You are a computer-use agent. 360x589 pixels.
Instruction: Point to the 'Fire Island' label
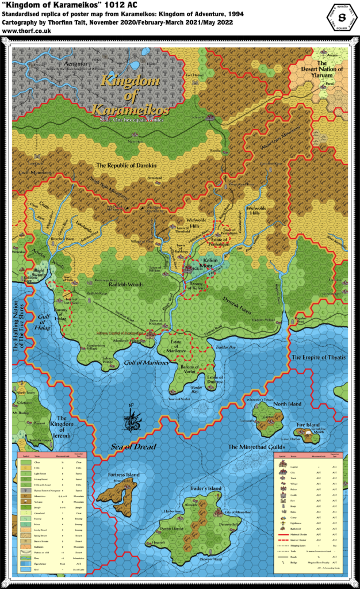point(308,425)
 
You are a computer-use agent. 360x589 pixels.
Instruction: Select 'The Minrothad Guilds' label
point(257,446)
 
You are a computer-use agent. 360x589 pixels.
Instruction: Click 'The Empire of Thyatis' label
point(317,357)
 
